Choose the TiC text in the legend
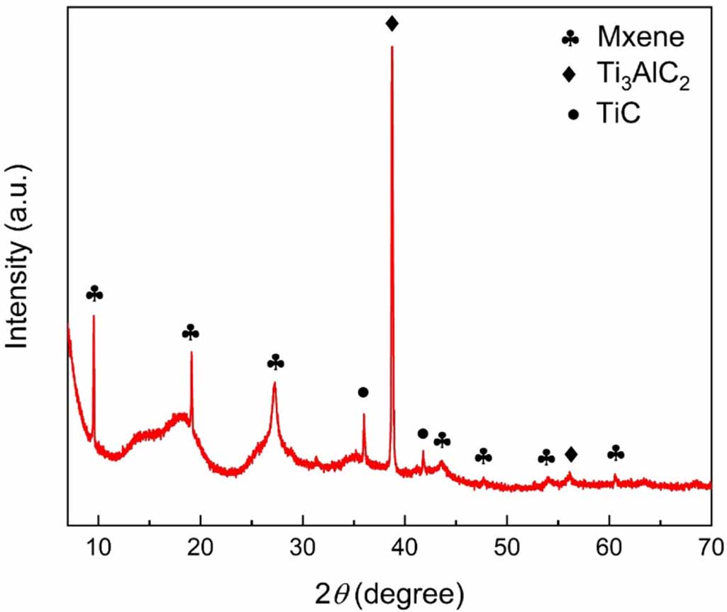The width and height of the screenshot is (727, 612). pos(619,113)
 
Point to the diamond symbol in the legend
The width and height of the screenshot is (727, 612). pos(570,75)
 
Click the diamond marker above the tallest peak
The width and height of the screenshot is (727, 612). pos(392,24)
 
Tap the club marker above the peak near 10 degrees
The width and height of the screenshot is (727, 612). pos(94,294)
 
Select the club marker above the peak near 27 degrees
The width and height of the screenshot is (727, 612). pos(275,363)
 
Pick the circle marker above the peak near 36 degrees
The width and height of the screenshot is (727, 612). pos(363,392)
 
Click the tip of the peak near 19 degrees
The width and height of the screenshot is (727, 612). pos(192,352)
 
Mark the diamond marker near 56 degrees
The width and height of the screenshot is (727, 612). pos(571,453)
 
